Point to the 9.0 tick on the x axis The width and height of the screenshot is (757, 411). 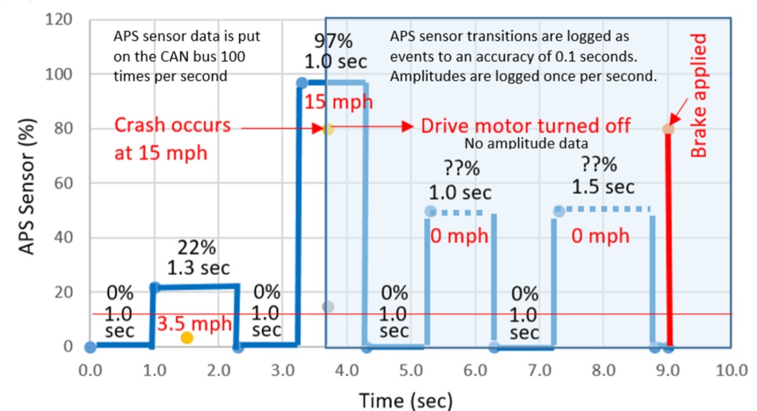point(668,370)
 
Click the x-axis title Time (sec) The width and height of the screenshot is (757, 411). point(406,400)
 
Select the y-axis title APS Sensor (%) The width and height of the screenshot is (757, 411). point(26,183)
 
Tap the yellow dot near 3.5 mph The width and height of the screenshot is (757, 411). point(186,338)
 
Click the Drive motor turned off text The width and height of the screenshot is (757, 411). point(525,126)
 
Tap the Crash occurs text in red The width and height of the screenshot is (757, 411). point(172,125)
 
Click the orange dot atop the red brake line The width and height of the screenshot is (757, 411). point(668,128)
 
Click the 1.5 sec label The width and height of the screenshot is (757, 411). point(603,187)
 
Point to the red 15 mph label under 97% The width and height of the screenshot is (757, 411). point(338,102)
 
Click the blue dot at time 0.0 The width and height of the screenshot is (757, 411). point(90,347)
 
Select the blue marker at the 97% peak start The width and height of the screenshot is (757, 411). point(301,83)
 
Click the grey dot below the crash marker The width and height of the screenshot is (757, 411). point(327,307)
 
